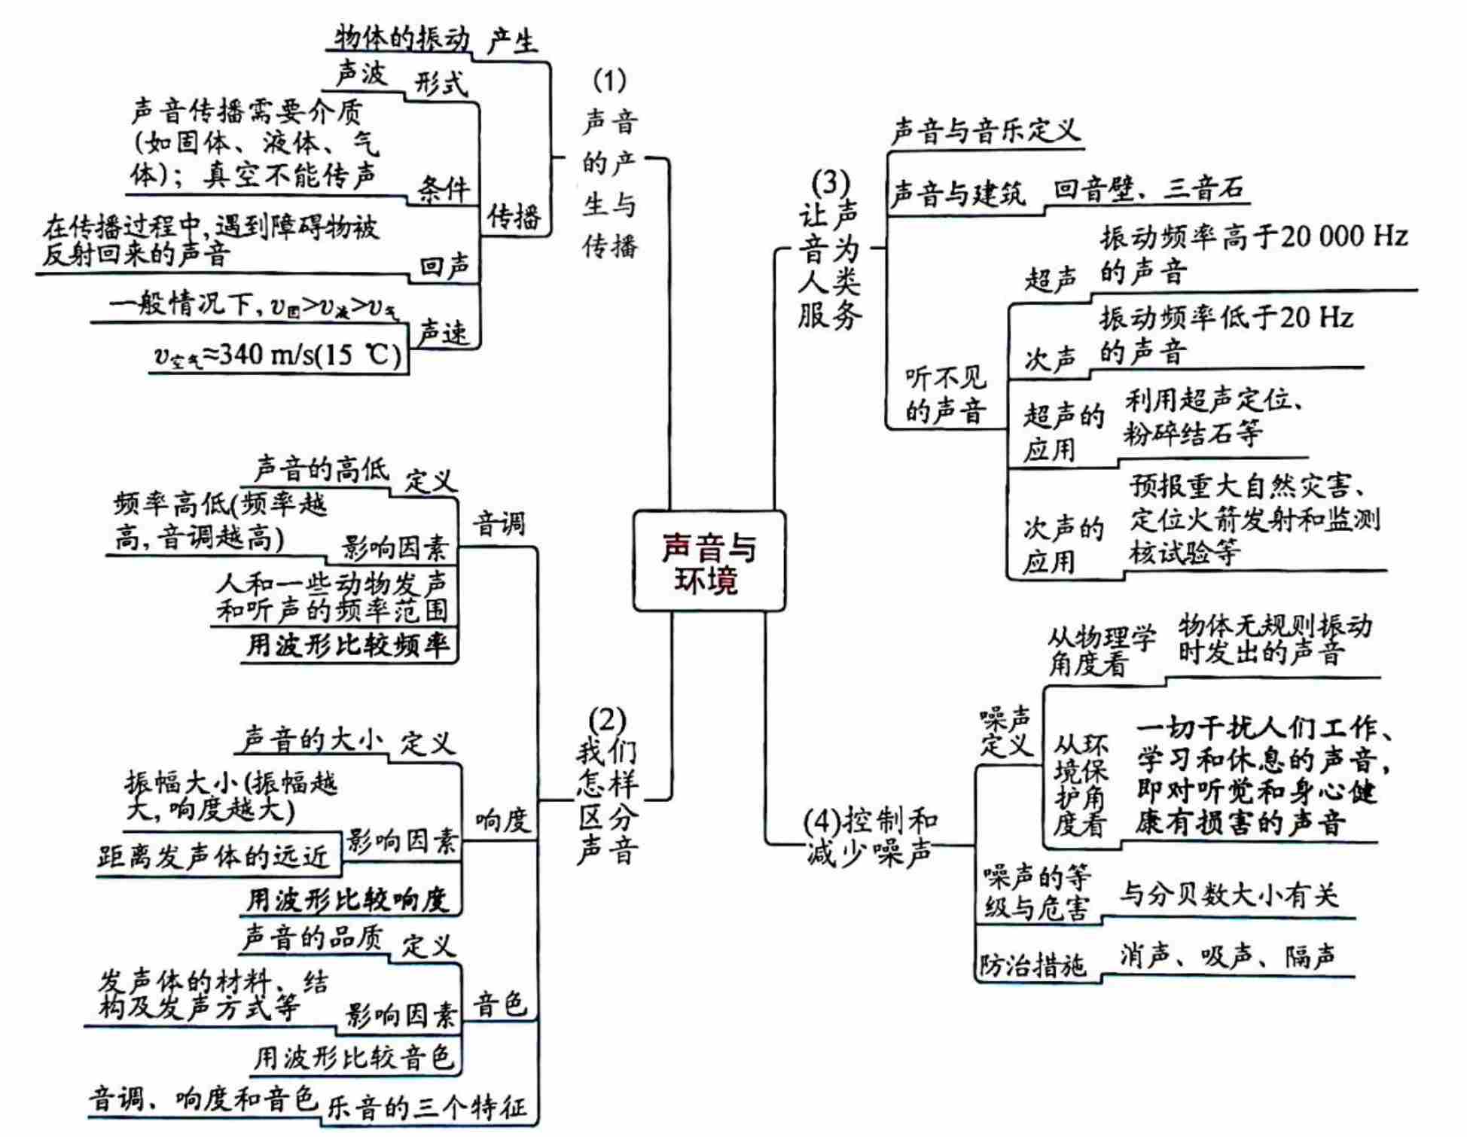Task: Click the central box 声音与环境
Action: click(x=709, y=562)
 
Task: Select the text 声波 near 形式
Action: click(x=361, y=73)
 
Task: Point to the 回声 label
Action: click(x=444, y=266)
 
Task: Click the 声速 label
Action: click(x=443, y=331)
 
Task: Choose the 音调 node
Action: click(x=499, y=523)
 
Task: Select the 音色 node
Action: click(x=499, y=1004)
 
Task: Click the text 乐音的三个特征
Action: click(x=426, y=1108)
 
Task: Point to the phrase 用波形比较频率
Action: click(x=348, y=645)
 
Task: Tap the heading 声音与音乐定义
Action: click(x=985, y=131)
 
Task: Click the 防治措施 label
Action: click(x=1032, y=965)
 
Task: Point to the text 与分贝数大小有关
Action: click(x=1228, y=895)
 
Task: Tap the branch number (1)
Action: click(x=609, y=79)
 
